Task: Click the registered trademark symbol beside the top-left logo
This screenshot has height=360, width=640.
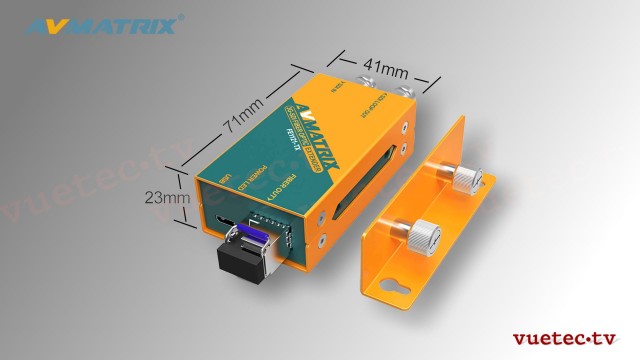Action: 181,17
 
